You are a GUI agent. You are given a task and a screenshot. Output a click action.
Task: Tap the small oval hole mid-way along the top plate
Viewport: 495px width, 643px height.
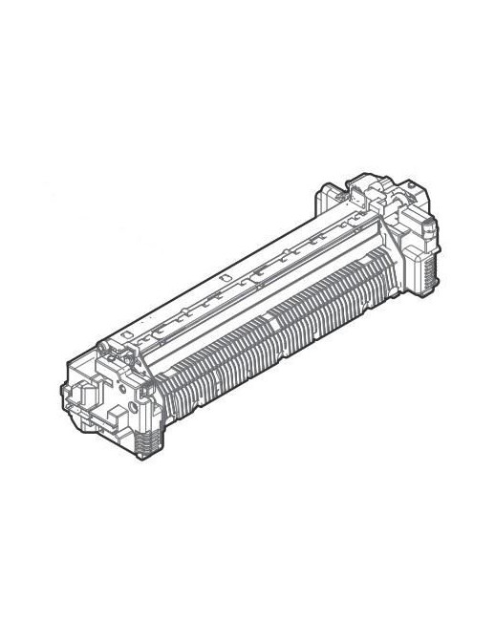click(222, 278)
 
